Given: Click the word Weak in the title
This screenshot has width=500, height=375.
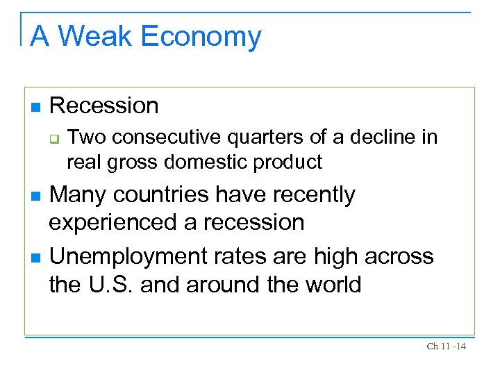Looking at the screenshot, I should click(95, 36).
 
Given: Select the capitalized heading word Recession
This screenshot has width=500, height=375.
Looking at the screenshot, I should click(104, 106).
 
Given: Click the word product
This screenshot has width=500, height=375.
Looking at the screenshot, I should click(287, 162).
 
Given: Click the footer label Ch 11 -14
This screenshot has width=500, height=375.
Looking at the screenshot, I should click(446, 347).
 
